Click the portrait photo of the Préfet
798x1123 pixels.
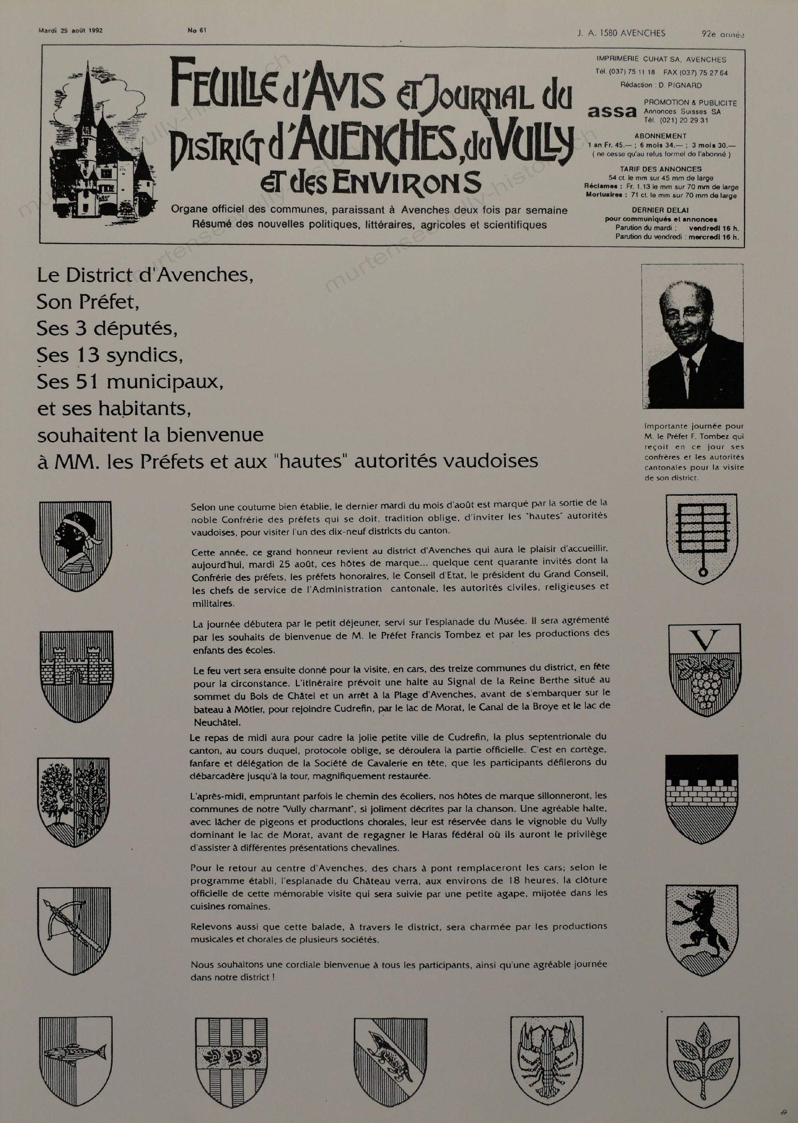pyautogui.click(x=692, y=336)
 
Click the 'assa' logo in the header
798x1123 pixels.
pyautogui.click(x=612, y=112)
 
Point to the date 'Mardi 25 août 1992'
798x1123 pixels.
pyautogui.click(x=71, y=30)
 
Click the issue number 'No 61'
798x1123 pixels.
pyautogui.click(x=197, y=30)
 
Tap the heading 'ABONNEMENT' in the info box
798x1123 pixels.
pyautogui.click(x=660, y=136)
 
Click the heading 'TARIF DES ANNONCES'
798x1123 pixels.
pyautogui.click(x=660, y=169)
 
